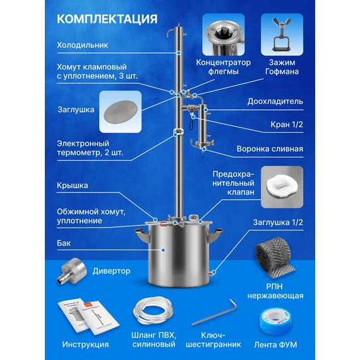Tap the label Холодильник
[83, 45]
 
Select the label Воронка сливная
[270, 150]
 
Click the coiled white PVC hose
[156, 311]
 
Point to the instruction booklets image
[85, 314]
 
